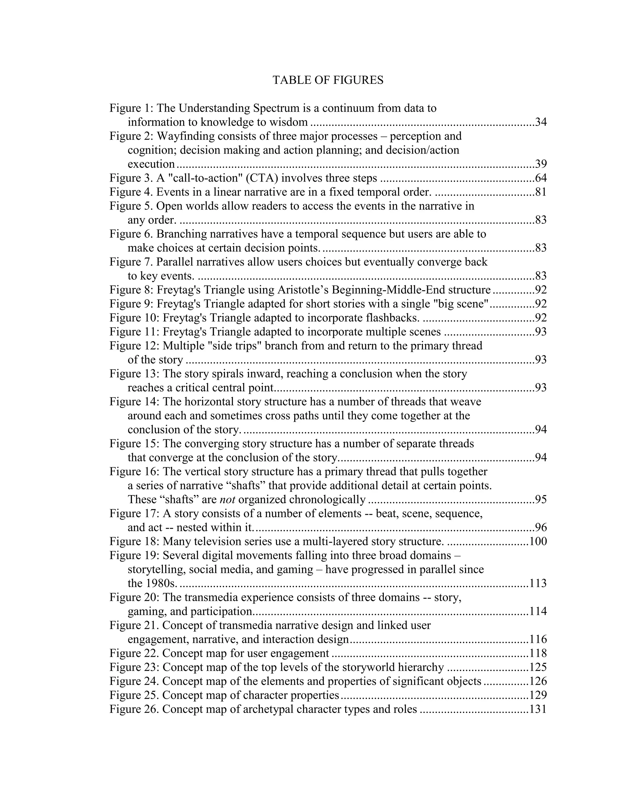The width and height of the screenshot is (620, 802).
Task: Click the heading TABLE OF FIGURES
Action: (x=328, y=80)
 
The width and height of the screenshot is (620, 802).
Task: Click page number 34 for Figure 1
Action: (x=541, y=122)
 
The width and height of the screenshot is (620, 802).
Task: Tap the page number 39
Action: (x=541, y=164)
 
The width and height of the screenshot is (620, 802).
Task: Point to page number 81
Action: (x=541, y=192)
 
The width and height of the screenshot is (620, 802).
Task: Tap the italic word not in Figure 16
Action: (x=227, y=499)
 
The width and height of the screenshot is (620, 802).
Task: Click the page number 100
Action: (x=538, y=541)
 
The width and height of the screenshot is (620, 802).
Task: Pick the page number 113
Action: (x=538, y=583)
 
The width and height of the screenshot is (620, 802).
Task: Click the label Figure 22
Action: (x=134, y=653)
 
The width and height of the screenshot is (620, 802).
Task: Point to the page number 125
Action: (x=538, y=667)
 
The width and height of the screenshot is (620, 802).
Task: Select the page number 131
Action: (x=538, y=709)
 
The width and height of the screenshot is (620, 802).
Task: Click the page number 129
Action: (x=538, y=695)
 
